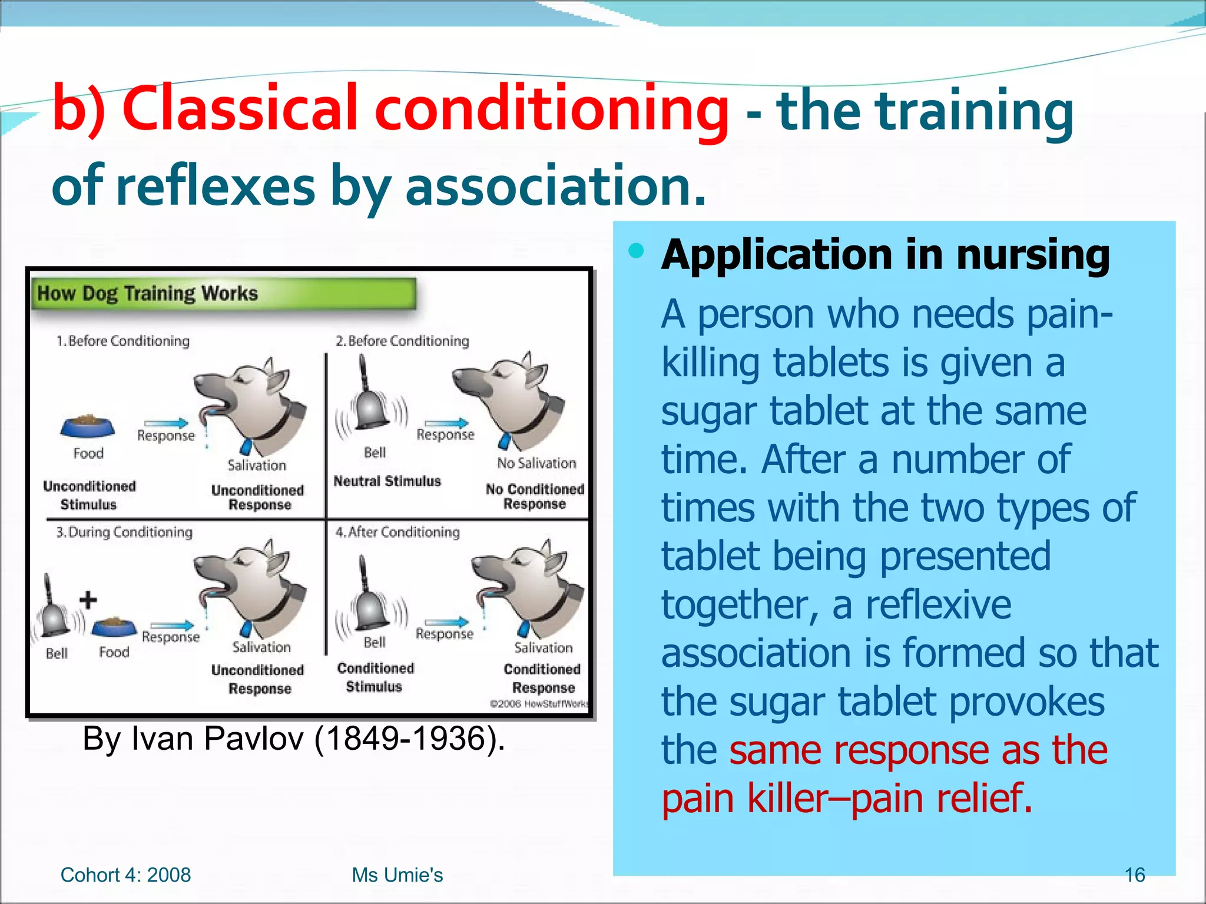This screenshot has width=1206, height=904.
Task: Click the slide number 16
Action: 1134,875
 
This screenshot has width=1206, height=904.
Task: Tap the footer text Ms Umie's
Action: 397,875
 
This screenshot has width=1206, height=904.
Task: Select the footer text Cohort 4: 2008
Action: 125,875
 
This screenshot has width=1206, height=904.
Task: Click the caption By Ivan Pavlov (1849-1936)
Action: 293,738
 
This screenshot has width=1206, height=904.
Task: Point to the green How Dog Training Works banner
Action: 224,293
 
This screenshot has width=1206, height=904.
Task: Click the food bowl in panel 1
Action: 88,425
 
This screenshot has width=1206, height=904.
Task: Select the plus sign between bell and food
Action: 88,600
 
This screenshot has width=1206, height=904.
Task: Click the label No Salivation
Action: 536,463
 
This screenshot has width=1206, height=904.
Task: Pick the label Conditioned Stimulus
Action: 375,677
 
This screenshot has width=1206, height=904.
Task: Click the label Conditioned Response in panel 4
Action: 542,678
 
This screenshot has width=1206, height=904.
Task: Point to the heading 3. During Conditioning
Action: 124,532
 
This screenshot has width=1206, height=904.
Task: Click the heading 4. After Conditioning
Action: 397,532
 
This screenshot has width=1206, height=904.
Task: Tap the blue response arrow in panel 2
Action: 446,423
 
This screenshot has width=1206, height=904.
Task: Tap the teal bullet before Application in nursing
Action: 636,251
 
